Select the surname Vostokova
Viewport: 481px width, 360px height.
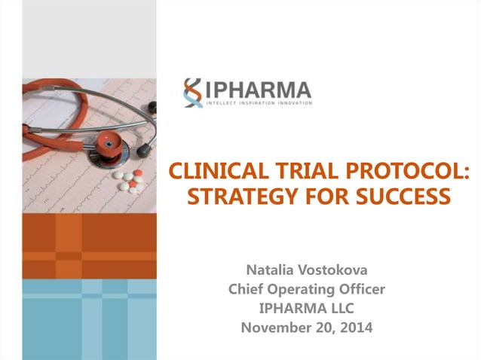(x=338, y=269)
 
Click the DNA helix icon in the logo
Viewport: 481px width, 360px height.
(x=192, y=93)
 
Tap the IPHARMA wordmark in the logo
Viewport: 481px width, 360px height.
(x=257, y=89)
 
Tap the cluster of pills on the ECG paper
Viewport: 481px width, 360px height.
(x=129, y=181)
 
